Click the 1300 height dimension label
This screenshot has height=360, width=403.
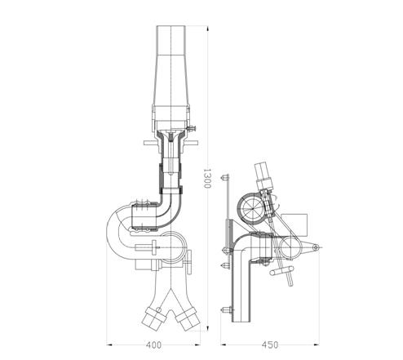point(207,178)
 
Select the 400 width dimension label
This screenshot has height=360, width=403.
point(153,345)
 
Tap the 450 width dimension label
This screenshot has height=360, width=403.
point(270,345)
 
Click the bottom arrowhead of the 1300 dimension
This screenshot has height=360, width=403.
point(208,327)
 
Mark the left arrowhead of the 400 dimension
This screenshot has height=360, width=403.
point(109,345)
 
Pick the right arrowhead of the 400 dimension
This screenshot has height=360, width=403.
point(197,345)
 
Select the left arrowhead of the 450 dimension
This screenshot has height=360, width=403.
point(224,345)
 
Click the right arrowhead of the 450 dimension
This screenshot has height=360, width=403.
point(317,345)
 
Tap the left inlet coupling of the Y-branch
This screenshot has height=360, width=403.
point(154,318)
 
